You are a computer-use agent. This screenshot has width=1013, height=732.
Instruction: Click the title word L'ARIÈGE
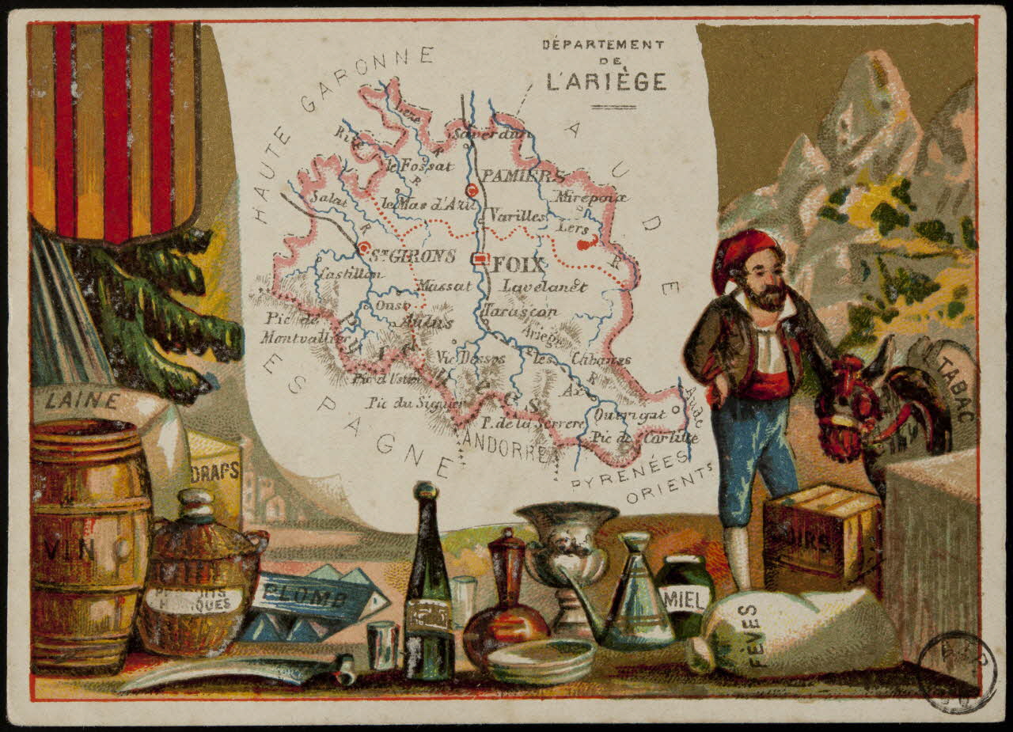[606, 81]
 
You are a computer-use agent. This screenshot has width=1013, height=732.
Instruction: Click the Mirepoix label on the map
[590, 196]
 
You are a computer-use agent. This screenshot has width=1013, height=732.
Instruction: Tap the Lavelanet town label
[544, 286]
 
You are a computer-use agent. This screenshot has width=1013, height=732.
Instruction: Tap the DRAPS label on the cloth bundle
[214, 471]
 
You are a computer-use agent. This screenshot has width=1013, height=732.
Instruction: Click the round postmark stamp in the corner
[956, 672]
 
